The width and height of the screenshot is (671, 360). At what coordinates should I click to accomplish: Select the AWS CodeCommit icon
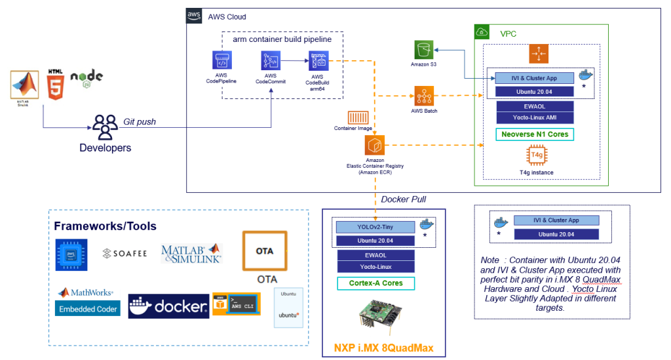point(271,62)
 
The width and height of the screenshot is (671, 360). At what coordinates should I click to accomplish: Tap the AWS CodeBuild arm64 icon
point(318,62)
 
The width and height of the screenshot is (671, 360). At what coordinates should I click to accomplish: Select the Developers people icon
point(105,126)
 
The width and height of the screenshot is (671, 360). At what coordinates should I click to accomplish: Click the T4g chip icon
point(537,156)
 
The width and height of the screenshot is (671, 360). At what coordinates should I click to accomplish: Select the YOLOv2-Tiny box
point(375,227)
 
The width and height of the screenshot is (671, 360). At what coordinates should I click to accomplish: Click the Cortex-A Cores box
point(375,283)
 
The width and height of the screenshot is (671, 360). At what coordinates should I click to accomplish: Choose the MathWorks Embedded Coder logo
point(88,302)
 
